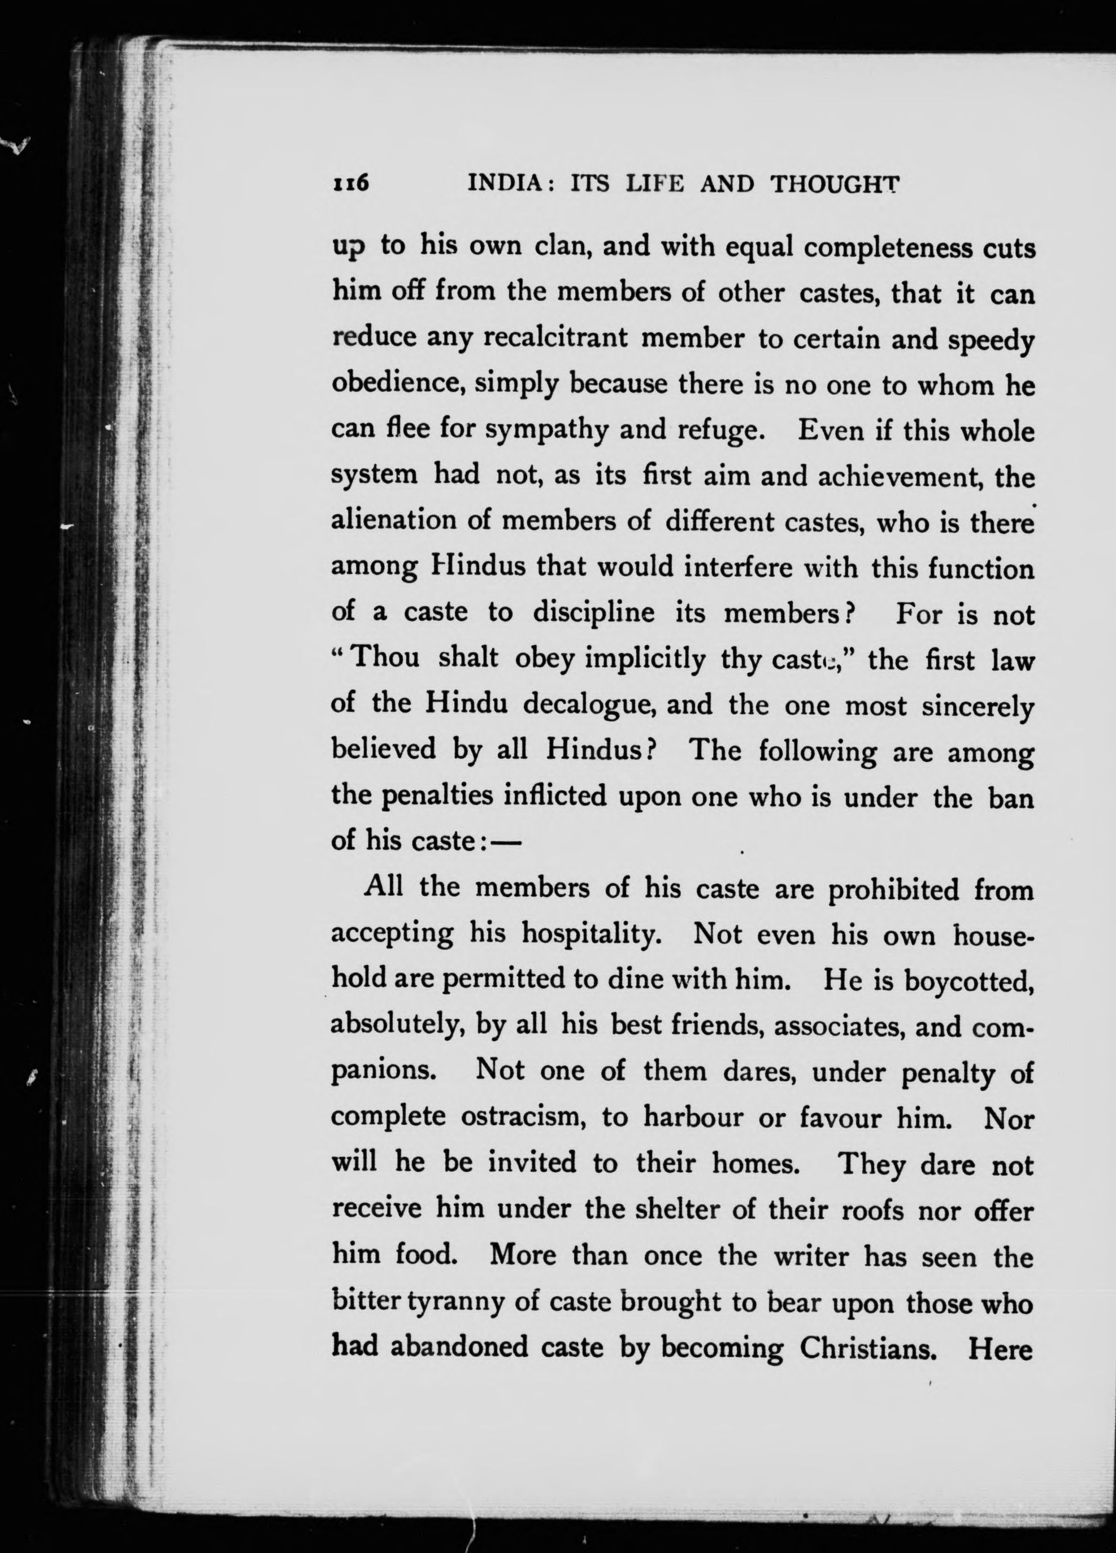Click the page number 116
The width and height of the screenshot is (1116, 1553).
[x=351, y=184]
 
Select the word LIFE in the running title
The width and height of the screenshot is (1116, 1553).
[x=655, y=184]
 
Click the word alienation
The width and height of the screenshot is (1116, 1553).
[x=394, y=521]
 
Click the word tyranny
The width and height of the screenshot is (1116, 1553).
[x=455, y=1302]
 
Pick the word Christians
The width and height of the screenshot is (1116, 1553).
[x=868, y=1347]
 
